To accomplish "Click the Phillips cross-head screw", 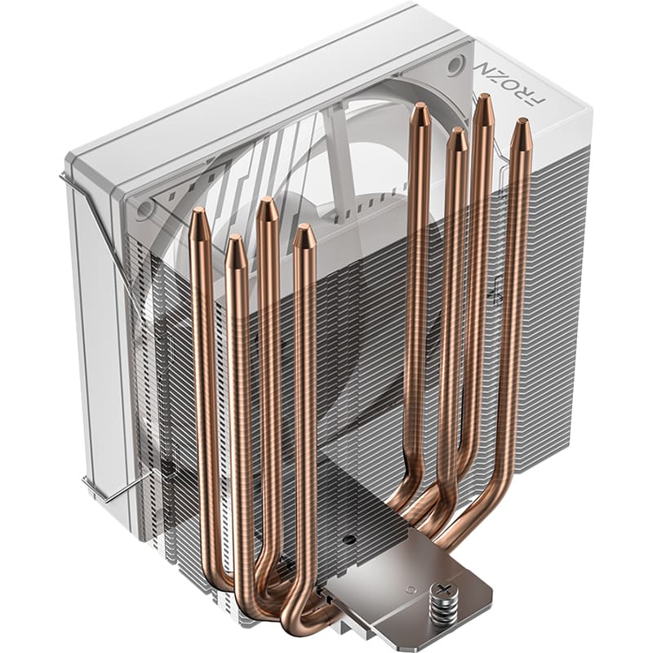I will pyautogui.click(x=446, y=589).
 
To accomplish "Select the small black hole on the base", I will pyautogui.click(x=349, y=540).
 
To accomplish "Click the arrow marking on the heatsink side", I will pyautogui.click(x=497, y=288).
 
